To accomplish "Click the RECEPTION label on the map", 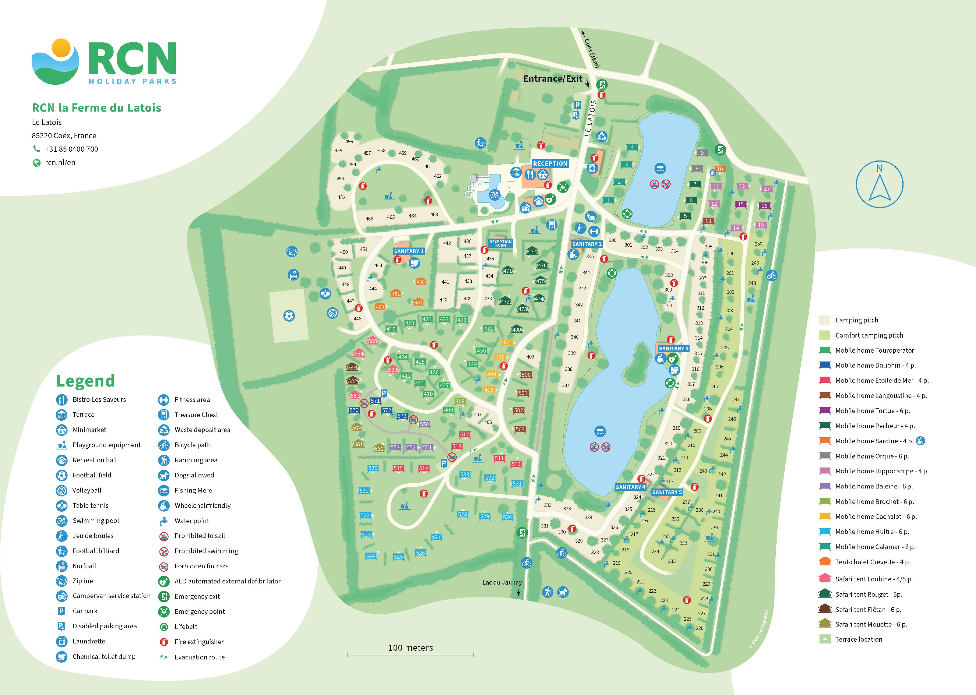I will [x=550, y=163].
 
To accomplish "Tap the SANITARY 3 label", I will [x=673, y=348].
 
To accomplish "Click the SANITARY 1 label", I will [x=408, y=251].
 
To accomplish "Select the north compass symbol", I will [x=879, y=184].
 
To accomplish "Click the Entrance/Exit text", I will [x=552, y=79].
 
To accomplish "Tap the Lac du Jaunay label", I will [x=502, y=583].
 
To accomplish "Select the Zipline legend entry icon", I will [x=62, y=581].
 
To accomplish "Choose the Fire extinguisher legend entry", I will [x=199, y=641].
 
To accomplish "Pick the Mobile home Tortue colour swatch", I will [x=825, y=410].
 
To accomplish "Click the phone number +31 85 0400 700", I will [x=71, y=149].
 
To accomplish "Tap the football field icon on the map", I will [x=289, y=316].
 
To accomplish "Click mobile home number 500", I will [x=526, y=375].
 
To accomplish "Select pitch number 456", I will [x=349, y=142].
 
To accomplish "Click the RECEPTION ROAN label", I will [x=500, y=244].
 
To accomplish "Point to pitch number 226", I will [x=699, y=628].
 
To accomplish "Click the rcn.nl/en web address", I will [x=60, y=163].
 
